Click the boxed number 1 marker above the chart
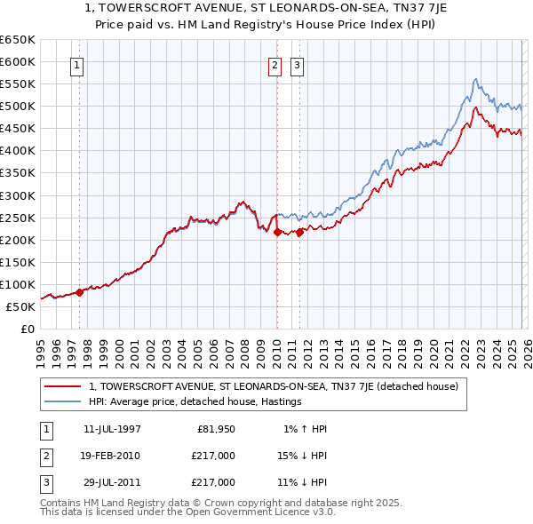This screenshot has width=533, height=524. [x=77, y=65]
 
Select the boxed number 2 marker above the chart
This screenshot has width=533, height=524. [x=275, y=65]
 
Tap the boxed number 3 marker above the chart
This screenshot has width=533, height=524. [x=297, y=65]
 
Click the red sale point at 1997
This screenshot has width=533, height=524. [x=79, y=291]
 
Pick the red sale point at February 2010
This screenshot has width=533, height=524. [x=276, y=232]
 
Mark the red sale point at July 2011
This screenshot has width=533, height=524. [x=299, y=232]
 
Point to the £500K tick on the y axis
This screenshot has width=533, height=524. [x=18, y=107]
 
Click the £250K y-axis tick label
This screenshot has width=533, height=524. [x=18, y=218]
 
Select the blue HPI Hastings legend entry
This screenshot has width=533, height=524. [x=195, y=402]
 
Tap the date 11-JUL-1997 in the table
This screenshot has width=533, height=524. [x=112, y=429]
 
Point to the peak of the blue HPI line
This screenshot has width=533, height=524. [x=475, y=79]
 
